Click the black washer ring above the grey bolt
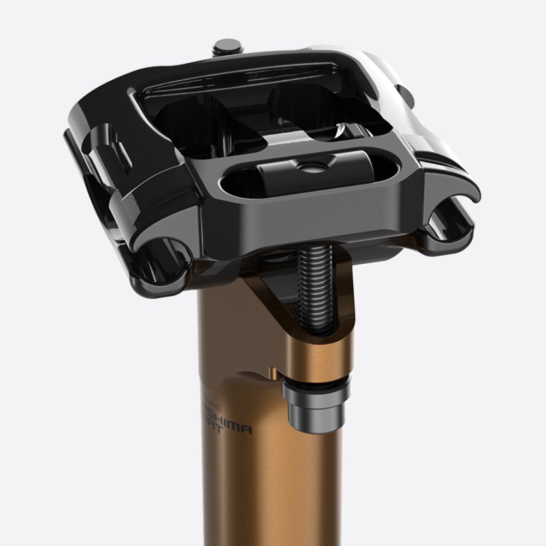pos(316,381)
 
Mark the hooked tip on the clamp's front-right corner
pos(464,191)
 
